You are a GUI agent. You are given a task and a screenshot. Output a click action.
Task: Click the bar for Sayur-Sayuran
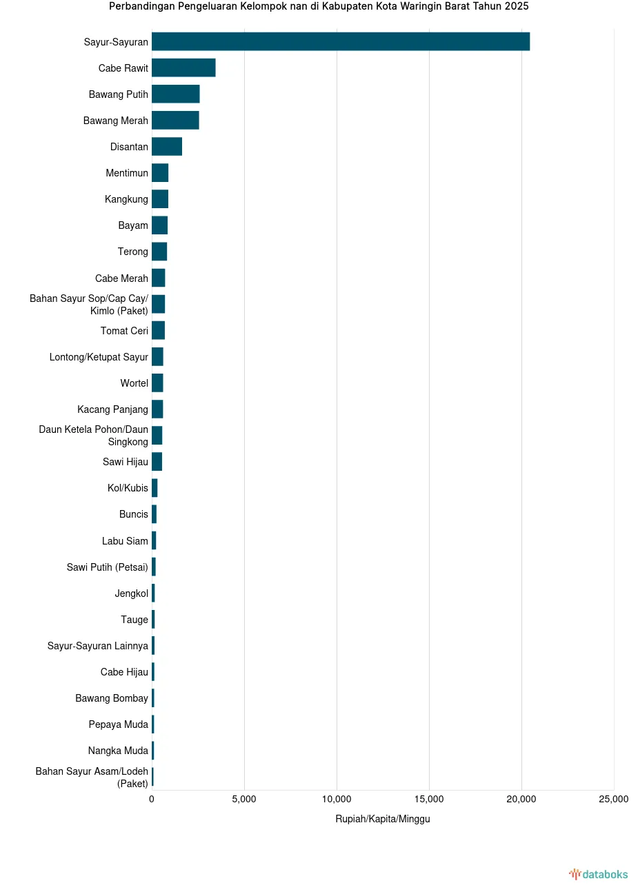[x=341, y=41]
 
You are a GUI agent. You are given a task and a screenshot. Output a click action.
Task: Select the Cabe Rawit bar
[x=183, y=68]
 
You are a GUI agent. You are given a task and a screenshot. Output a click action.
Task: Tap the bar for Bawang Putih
[x=176, y=94]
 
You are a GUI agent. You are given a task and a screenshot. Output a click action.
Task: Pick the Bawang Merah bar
[x=175, y=120]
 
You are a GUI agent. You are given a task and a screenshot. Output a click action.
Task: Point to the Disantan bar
[x=167, y=146]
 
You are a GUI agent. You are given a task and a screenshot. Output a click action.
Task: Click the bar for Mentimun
[x=160, y=173]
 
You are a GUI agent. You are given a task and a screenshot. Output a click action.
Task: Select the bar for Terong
[x=159, y=252]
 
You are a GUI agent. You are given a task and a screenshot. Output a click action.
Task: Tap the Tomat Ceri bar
[x=158, y=330]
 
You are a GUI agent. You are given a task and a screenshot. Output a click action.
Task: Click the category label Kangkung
[x=126, y=199]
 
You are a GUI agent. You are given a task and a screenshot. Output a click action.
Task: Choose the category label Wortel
[x=134, y=383]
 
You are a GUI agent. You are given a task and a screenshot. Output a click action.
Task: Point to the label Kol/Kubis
[x=128, y=488]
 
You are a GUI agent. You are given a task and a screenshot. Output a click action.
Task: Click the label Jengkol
[x=131, y=593]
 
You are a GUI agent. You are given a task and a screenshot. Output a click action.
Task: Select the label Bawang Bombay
[x=112, y=698]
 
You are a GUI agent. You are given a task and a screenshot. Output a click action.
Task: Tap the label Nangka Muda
[x=118, y=751]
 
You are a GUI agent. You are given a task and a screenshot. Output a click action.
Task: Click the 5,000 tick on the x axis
[x=244, y=799]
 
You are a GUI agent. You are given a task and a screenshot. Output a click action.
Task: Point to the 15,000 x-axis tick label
[x=429, y=799]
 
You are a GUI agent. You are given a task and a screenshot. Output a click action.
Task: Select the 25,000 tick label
[x=613, y=799]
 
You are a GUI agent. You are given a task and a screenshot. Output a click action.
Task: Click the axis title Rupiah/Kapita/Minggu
[x=383, y=819]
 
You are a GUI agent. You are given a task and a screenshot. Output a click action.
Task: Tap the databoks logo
[x=598, y=875]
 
